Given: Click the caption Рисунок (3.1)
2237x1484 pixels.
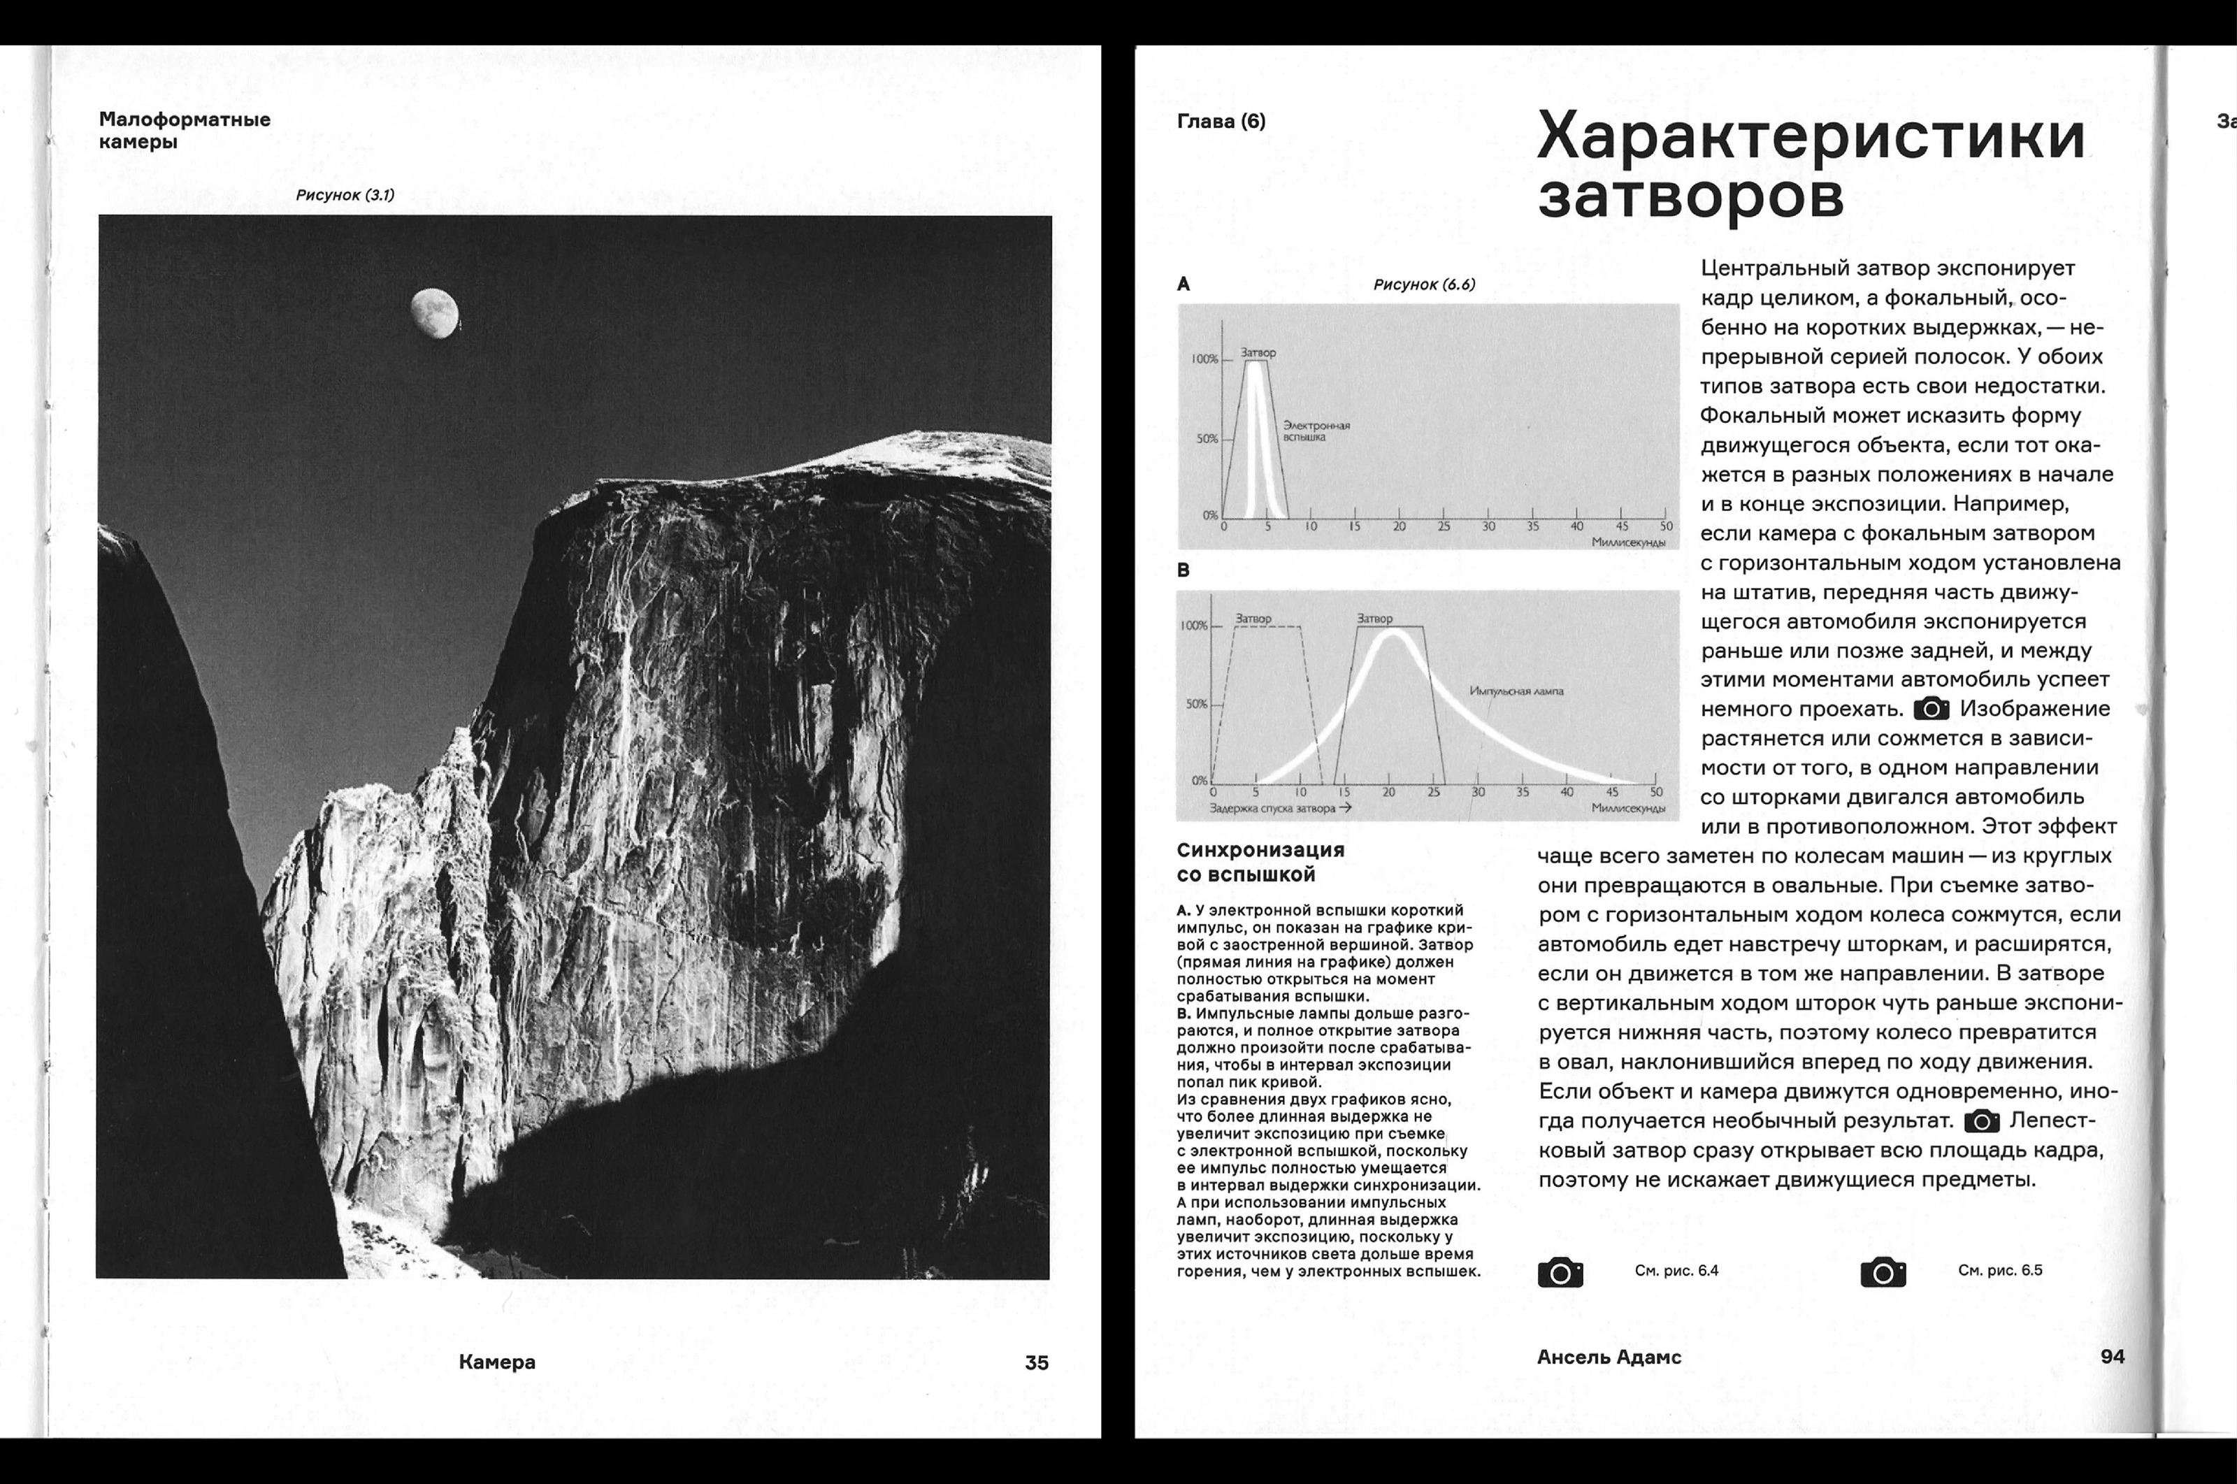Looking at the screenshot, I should (345, 195).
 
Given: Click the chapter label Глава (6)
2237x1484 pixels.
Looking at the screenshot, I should (1221, 121).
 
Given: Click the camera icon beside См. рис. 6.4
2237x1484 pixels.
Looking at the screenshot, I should (1560, 1272).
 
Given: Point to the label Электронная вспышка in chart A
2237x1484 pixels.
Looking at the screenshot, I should (1316, 431).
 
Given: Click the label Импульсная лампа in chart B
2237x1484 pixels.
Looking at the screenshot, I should (1516, 691).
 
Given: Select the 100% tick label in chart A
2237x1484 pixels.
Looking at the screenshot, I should (1204, 360).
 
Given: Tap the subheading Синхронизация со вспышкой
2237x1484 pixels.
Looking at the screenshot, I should (1260, 862).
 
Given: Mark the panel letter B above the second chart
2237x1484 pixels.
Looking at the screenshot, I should (1183, 570).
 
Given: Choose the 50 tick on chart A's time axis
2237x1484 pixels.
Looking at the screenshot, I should (1665, 526).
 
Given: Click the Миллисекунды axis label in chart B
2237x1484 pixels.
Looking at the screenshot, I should (1627, 808).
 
